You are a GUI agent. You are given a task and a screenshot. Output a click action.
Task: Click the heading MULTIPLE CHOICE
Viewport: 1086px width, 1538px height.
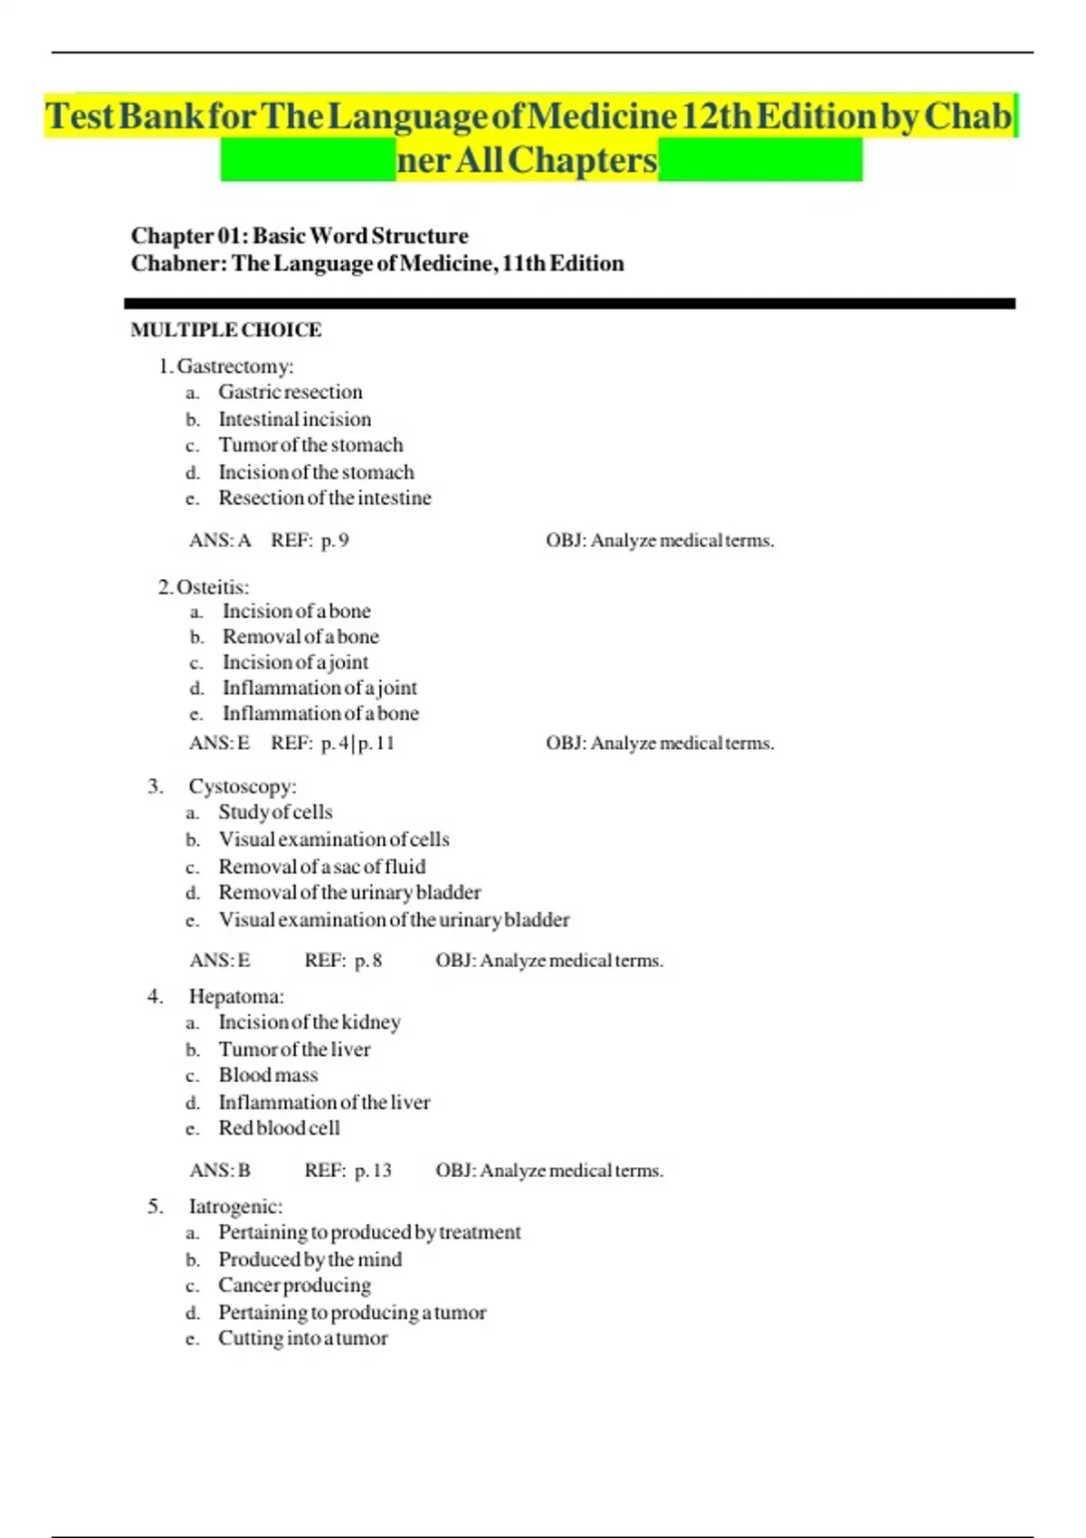pos(226,330)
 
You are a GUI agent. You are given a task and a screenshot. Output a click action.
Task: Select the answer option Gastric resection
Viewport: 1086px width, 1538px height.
pos(290,393)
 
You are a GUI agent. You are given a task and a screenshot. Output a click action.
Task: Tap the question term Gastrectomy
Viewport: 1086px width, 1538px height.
pos(234,366)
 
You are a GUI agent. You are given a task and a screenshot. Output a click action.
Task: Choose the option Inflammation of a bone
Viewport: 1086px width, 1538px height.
pos(320,714)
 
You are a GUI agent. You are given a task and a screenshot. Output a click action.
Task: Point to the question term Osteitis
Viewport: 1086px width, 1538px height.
pos(213,587)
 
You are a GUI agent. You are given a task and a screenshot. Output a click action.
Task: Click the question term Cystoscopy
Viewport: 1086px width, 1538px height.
pos(243,787)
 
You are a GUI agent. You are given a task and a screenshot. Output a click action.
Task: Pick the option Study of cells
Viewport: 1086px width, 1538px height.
pos(275,812)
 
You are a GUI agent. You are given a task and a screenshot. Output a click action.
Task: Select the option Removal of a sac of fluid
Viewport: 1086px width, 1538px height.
pos(321,867)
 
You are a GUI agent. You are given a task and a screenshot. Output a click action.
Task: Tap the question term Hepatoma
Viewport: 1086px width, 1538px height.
pos(236,997)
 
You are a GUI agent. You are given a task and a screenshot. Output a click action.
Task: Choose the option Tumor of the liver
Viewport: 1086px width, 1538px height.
pos(294,1049)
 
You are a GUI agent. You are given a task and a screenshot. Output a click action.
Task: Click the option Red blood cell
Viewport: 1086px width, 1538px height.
pos(279,1128)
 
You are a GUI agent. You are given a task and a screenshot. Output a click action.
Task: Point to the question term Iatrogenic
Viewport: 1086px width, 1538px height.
pos(235,1207)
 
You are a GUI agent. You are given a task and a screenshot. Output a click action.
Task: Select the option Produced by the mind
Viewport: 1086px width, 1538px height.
pos(310,1259)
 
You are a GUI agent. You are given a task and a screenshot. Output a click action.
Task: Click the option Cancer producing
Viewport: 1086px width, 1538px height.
pos(294,1286)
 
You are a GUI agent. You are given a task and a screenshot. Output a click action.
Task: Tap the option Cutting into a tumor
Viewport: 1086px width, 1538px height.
pos(302,1338)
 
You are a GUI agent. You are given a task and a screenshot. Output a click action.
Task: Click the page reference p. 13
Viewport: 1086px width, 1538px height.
pos(373,1171)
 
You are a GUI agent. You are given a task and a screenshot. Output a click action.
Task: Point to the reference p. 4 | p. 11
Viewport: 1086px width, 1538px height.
pos(357,744)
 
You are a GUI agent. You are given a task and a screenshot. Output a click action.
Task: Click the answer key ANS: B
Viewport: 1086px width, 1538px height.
pos(220,1171)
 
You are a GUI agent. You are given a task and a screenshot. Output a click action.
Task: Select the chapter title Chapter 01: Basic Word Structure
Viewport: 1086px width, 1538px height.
pos(300,236)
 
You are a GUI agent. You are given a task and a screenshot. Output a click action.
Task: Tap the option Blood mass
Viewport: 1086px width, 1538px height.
pos(268,1076)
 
